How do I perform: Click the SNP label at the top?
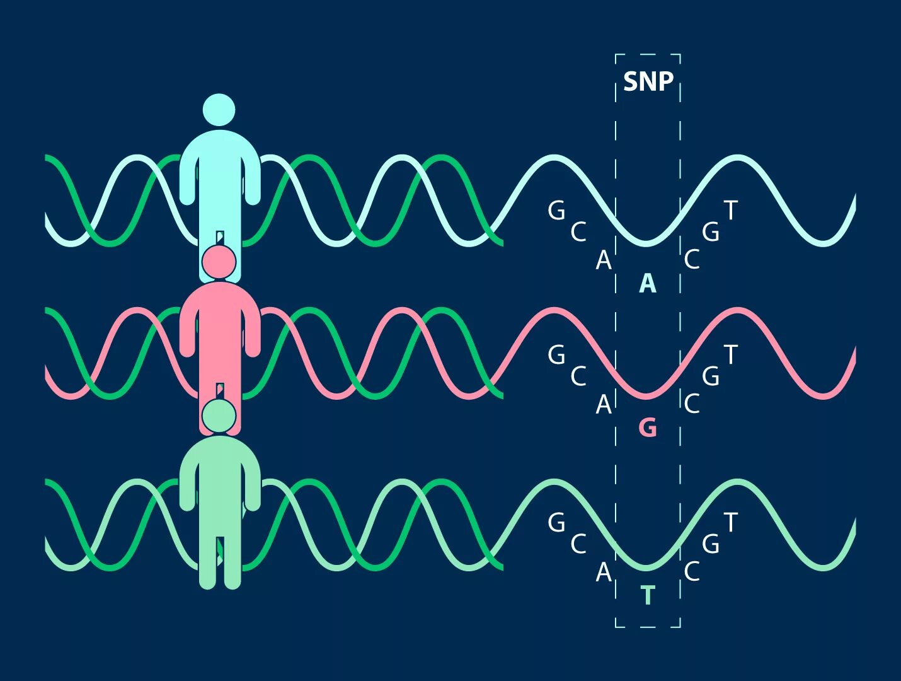click(648, 82)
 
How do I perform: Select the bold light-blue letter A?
click(648, 284)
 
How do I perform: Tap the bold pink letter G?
click(648, 428)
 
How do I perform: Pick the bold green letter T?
click(648, 595)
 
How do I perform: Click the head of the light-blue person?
click(219, 110)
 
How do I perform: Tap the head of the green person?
click(219, 415)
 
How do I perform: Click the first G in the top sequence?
click(556, 211)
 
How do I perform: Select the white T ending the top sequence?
click(730, 211)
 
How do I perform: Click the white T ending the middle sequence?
click(730, 355)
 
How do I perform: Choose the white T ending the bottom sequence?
click(730, 523)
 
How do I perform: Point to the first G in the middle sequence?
click(556, 355)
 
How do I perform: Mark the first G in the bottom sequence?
click(556, 523)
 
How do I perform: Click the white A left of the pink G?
click(604, 404)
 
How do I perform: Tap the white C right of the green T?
click(692, 572)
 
